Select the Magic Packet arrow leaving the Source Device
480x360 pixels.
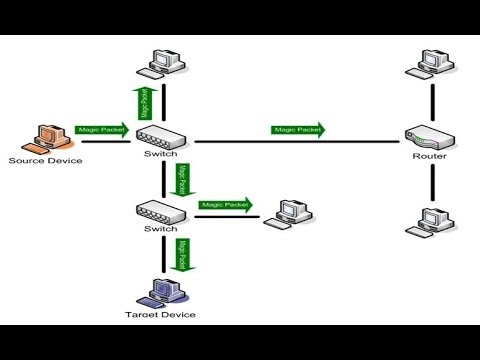(x=101, y=130)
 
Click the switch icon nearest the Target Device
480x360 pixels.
(x=162, y=211)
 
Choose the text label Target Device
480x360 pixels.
(x=163, y=315)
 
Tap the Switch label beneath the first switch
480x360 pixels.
(x=162, y=154)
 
